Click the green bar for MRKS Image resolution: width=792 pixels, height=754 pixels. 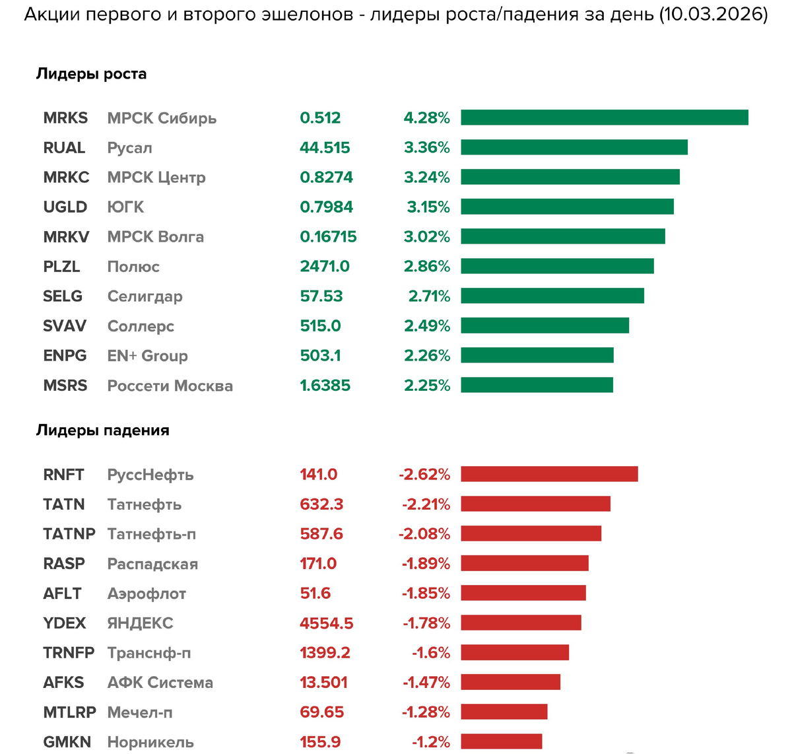pyautogui.click(x=604, y=118)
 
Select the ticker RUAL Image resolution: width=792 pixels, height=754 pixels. pyautogui.click(x=64, y=148)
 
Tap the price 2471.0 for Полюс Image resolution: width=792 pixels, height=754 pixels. pyautogui.click(x=325, y=267)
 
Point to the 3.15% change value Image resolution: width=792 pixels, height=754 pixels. pyautogui.click(x=428, y=207)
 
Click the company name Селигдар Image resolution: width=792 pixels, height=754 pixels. pyautogui.click(x=145, y=296)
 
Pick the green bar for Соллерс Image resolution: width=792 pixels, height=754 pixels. pyautogui.click(x=544, y=326)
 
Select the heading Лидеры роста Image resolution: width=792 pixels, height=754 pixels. pyautogui.click(x=91, y=74)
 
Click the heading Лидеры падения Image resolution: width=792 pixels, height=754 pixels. pyautogui.click(x=102, y=430)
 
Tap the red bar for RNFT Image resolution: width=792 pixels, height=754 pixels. pyautogui.click(x=549, y=474)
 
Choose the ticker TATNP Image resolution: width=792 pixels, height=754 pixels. pyautogui.click(x=69, y=533)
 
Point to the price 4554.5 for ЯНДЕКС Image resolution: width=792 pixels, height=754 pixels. pyautogui.click(x=326, y=623)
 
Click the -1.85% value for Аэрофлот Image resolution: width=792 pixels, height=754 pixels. pyautogui.click(x=426, y=594)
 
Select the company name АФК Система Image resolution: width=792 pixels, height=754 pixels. pyautogui.click(x=160, y=683)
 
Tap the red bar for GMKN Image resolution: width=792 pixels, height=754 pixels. pyautogui.click(x=501, y=741)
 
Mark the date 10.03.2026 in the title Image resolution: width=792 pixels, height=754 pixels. pyautogui.click(x=713, y=15)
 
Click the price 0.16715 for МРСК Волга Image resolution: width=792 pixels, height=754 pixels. pyautogui.click(x=328, y=237)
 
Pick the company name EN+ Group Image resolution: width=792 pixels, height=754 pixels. pyautogui.click(x=147, y=356)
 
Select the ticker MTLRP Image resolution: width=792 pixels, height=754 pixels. pyautogui.click(x=69, y=712)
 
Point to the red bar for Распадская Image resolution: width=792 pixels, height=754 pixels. pyautogui.click(x=524, y=563)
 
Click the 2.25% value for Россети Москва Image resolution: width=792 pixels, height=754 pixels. pyautogui.click(x=426, y=386)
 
